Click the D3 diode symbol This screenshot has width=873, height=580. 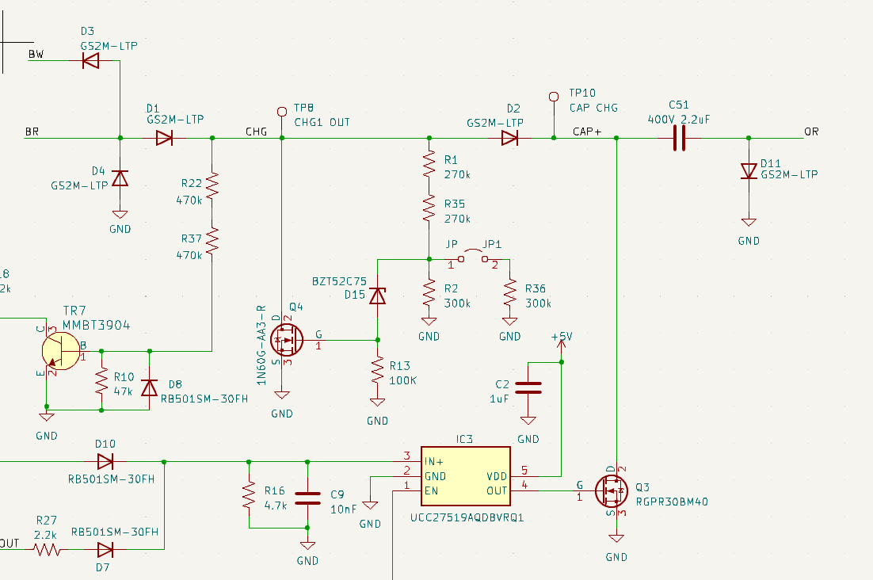[91, 60]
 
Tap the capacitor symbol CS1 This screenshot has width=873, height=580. [679, 138]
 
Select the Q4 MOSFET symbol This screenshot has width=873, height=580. [286, 340]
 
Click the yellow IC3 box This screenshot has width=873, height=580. [466, 476]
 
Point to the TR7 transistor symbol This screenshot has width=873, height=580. [60, 351]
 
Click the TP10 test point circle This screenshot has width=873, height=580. [554, 97]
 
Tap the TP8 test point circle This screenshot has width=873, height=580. [282, 112]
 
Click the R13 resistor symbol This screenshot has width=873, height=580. [378, 370]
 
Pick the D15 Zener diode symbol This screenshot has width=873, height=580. [378, 296]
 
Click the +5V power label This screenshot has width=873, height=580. [561, 337]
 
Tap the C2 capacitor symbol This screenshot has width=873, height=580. [528, 388]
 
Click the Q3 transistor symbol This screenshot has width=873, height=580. [612, 491]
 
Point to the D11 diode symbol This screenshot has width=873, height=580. [749, 171]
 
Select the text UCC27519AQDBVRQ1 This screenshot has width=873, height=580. [467, 517]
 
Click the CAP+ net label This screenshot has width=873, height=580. [587, 132]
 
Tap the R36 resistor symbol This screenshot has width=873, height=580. [510, 293]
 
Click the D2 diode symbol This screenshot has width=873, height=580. [510, 138]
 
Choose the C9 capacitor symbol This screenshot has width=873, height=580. [307, 498]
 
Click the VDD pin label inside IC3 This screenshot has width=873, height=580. [497, 476]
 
